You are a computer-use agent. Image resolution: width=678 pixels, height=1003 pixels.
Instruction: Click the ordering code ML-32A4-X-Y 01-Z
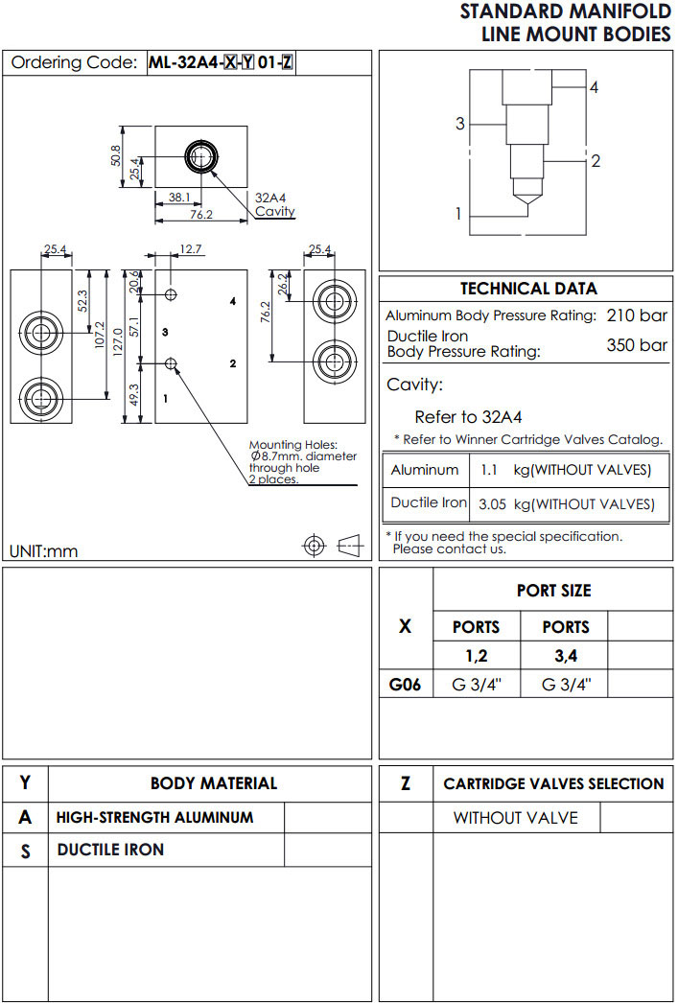pyautogui.click(x=222, y=63)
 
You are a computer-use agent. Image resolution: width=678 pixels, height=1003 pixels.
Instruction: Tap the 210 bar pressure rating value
pyautogui.click(x=637, y=315)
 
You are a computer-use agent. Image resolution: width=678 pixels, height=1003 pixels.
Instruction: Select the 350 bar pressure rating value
pyautogui.click(x=637, y=345)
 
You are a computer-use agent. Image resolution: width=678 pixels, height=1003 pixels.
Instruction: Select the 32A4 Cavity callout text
pyautogui.click(x=274, y=204)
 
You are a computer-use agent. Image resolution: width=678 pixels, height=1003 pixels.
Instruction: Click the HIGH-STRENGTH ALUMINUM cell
pyautogui.click(x=155, y=817)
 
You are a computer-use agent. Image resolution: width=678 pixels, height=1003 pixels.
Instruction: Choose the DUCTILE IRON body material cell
pyautogui.click(x=110, y=850)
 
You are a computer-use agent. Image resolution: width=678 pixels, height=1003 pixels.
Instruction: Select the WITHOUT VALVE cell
pyautogui.click(x=515, y=817)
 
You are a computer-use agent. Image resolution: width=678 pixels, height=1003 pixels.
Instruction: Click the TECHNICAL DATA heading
pyautogui.click(x=528, y=289)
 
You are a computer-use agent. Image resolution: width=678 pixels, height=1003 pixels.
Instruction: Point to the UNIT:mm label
pyautogui.click(x=44, y=550)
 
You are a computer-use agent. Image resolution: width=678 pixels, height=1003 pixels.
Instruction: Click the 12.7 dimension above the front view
pyautogui.click(x=190, y=249)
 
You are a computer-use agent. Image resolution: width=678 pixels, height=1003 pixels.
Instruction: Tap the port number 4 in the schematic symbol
pyautogui.click(x=594, y=87)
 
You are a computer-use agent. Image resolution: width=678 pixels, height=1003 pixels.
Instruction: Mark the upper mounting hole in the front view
pyautogui.click(x=171, y=292)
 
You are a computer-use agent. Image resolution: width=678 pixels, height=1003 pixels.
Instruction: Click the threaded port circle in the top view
pyautogui.click(x=201, y=156)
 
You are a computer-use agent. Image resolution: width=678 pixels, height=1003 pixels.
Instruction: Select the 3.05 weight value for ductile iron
pyautogui.click(x=493, y=503)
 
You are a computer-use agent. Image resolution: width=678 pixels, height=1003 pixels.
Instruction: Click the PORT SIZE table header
pyautogui.click(x=553, y=591)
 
